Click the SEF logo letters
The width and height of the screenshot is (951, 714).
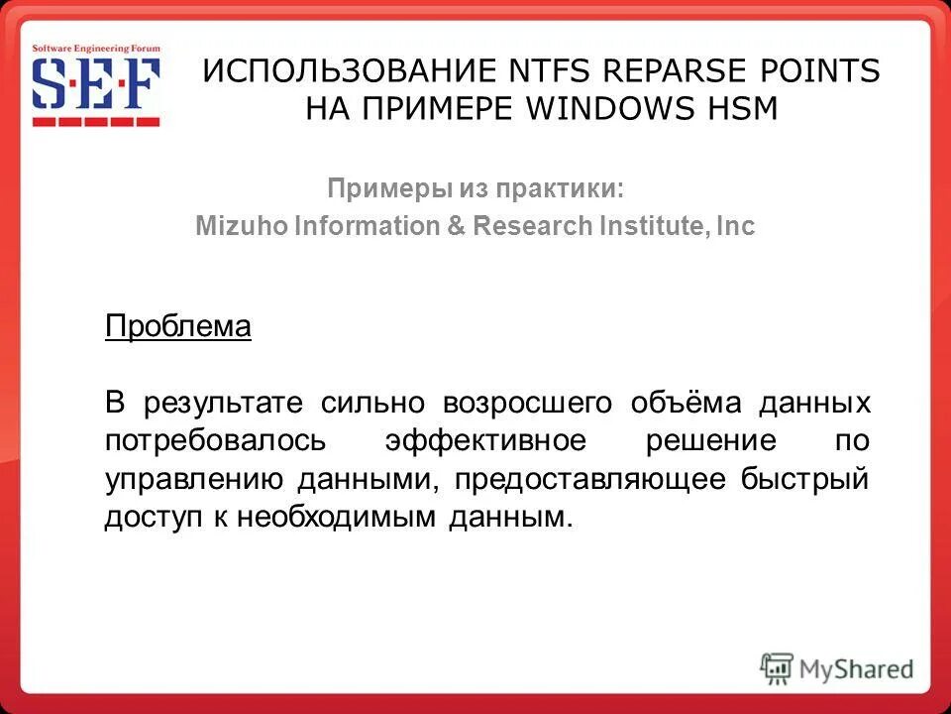pos(95,86)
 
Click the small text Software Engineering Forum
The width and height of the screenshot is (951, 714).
pos(95,48)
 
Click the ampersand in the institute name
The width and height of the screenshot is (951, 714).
pos(456,226)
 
